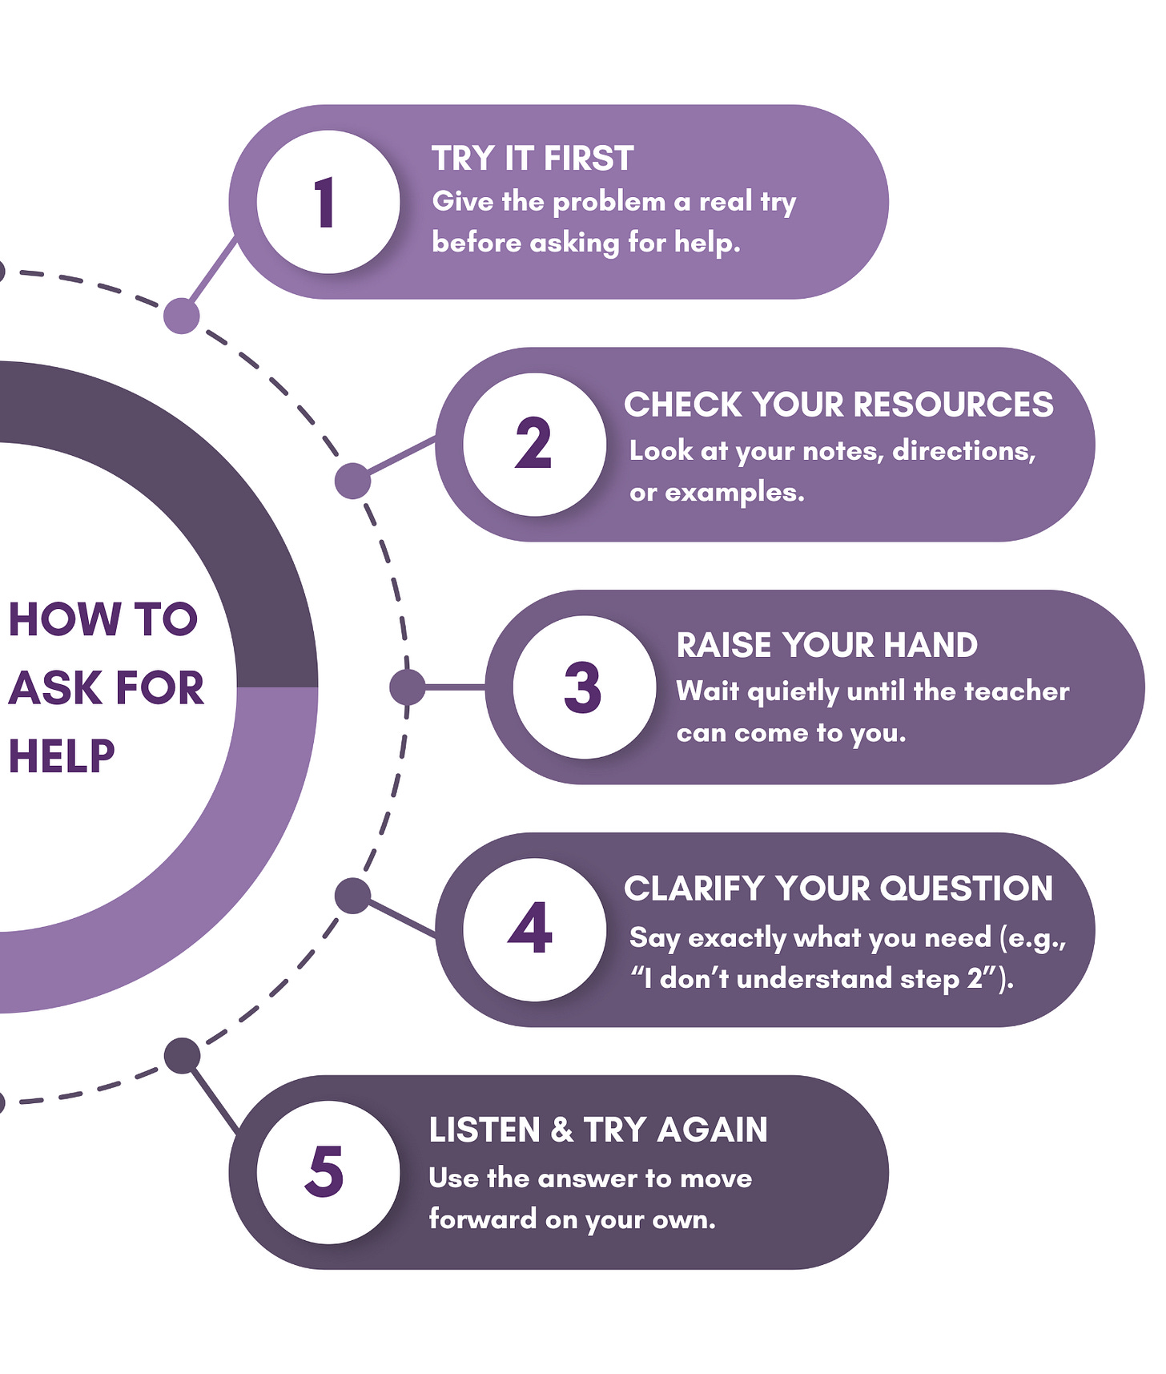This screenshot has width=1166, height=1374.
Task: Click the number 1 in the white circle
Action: click(324, 203)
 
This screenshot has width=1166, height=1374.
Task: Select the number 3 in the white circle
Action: click(583, 687)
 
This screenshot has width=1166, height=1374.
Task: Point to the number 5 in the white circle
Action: click(324, 1171)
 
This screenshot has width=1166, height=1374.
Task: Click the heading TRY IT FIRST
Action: click(533, 159)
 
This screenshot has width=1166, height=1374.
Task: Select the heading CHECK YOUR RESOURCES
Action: click(838, 405)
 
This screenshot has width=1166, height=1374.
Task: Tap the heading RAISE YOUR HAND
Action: click(826, 645)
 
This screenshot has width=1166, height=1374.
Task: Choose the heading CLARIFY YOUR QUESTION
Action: click(838, 888)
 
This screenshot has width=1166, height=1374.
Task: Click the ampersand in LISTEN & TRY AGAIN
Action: click(562, 1130)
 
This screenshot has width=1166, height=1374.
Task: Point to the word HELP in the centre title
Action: click(62, 755)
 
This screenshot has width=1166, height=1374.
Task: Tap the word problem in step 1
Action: click(609, 202)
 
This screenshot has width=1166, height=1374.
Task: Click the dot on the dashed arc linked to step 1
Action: click(182, 316)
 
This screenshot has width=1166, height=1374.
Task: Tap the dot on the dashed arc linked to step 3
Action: click(407, 687)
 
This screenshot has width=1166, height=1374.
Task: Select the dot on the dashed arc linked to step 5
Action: click(182, 1055)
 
